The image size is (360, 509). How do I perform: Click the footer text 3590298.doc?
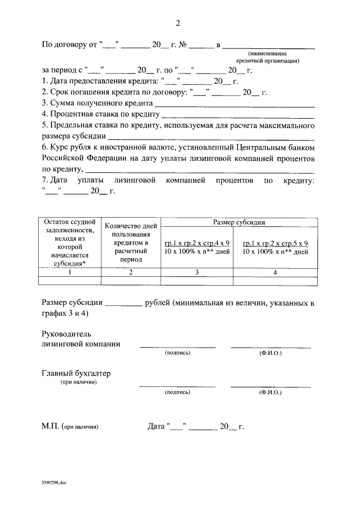53,482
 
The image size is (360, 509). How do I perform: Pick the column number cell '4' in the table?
275,272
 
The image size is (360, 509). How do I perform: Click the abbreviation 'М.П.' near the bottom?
51,426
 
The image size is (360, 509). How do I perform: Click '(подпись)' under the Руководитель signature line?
177,353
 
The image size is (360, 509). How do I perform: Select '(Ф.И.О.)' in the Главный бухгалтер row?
271,393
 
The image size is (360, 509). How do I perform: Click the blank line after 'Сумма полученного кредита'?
234,104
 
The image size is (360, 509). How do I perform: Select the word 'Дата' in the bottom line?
155,426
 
